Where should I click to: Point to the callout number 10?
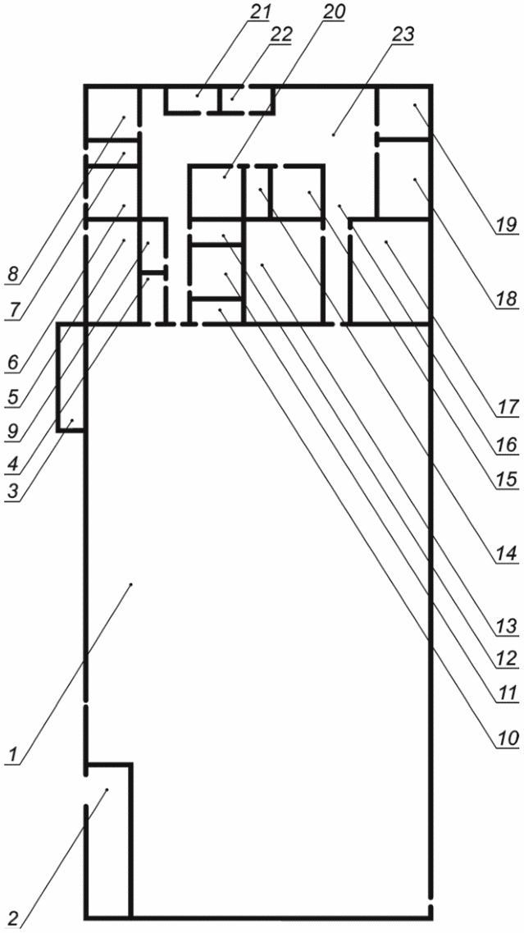point(503,737)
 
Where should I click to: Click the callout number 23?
point(402,34)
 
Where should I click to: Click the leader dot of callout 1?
point(131,585)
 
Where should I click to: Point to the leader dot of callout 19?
point(415,105)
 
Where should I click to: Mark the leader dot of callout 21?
point(198,94)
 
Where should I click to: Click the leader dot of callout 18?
point(415,178)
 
